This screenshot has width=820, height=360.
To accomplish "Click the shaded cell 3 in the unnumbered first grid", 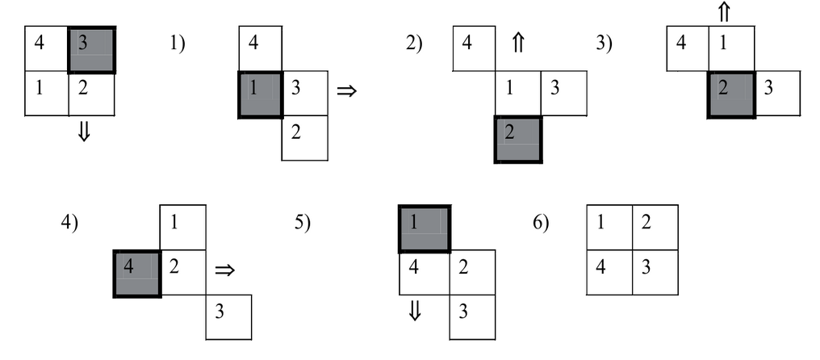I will pos(92,50).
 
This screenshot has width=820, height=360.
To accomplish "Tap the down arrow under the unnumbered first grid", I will pos(83,133).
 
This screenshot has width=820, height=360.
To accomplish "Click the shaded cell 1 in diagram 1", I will pos(261,94).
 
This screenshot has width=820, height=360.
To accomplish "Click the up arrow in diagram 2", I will pos(518,46).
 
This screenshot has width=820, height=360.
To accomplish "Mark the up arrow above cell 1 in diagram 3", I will pos(724,13).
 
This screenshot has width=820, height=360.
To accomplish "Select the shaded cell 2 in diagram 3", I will pos(731,94).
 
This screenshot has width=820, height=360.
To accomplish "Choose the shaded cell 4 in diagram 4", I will pos(137,273).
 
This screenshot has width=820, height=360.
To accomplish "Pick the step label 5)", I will pos(303,223).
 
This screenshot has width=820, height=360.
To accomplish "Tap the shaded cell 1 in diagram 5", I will pos(424,229).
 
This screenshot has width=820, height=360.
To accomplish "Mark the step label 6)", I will pos(540,223).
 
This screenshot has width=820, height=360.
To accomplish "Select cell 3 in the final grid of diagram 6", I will pos(655,272).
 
